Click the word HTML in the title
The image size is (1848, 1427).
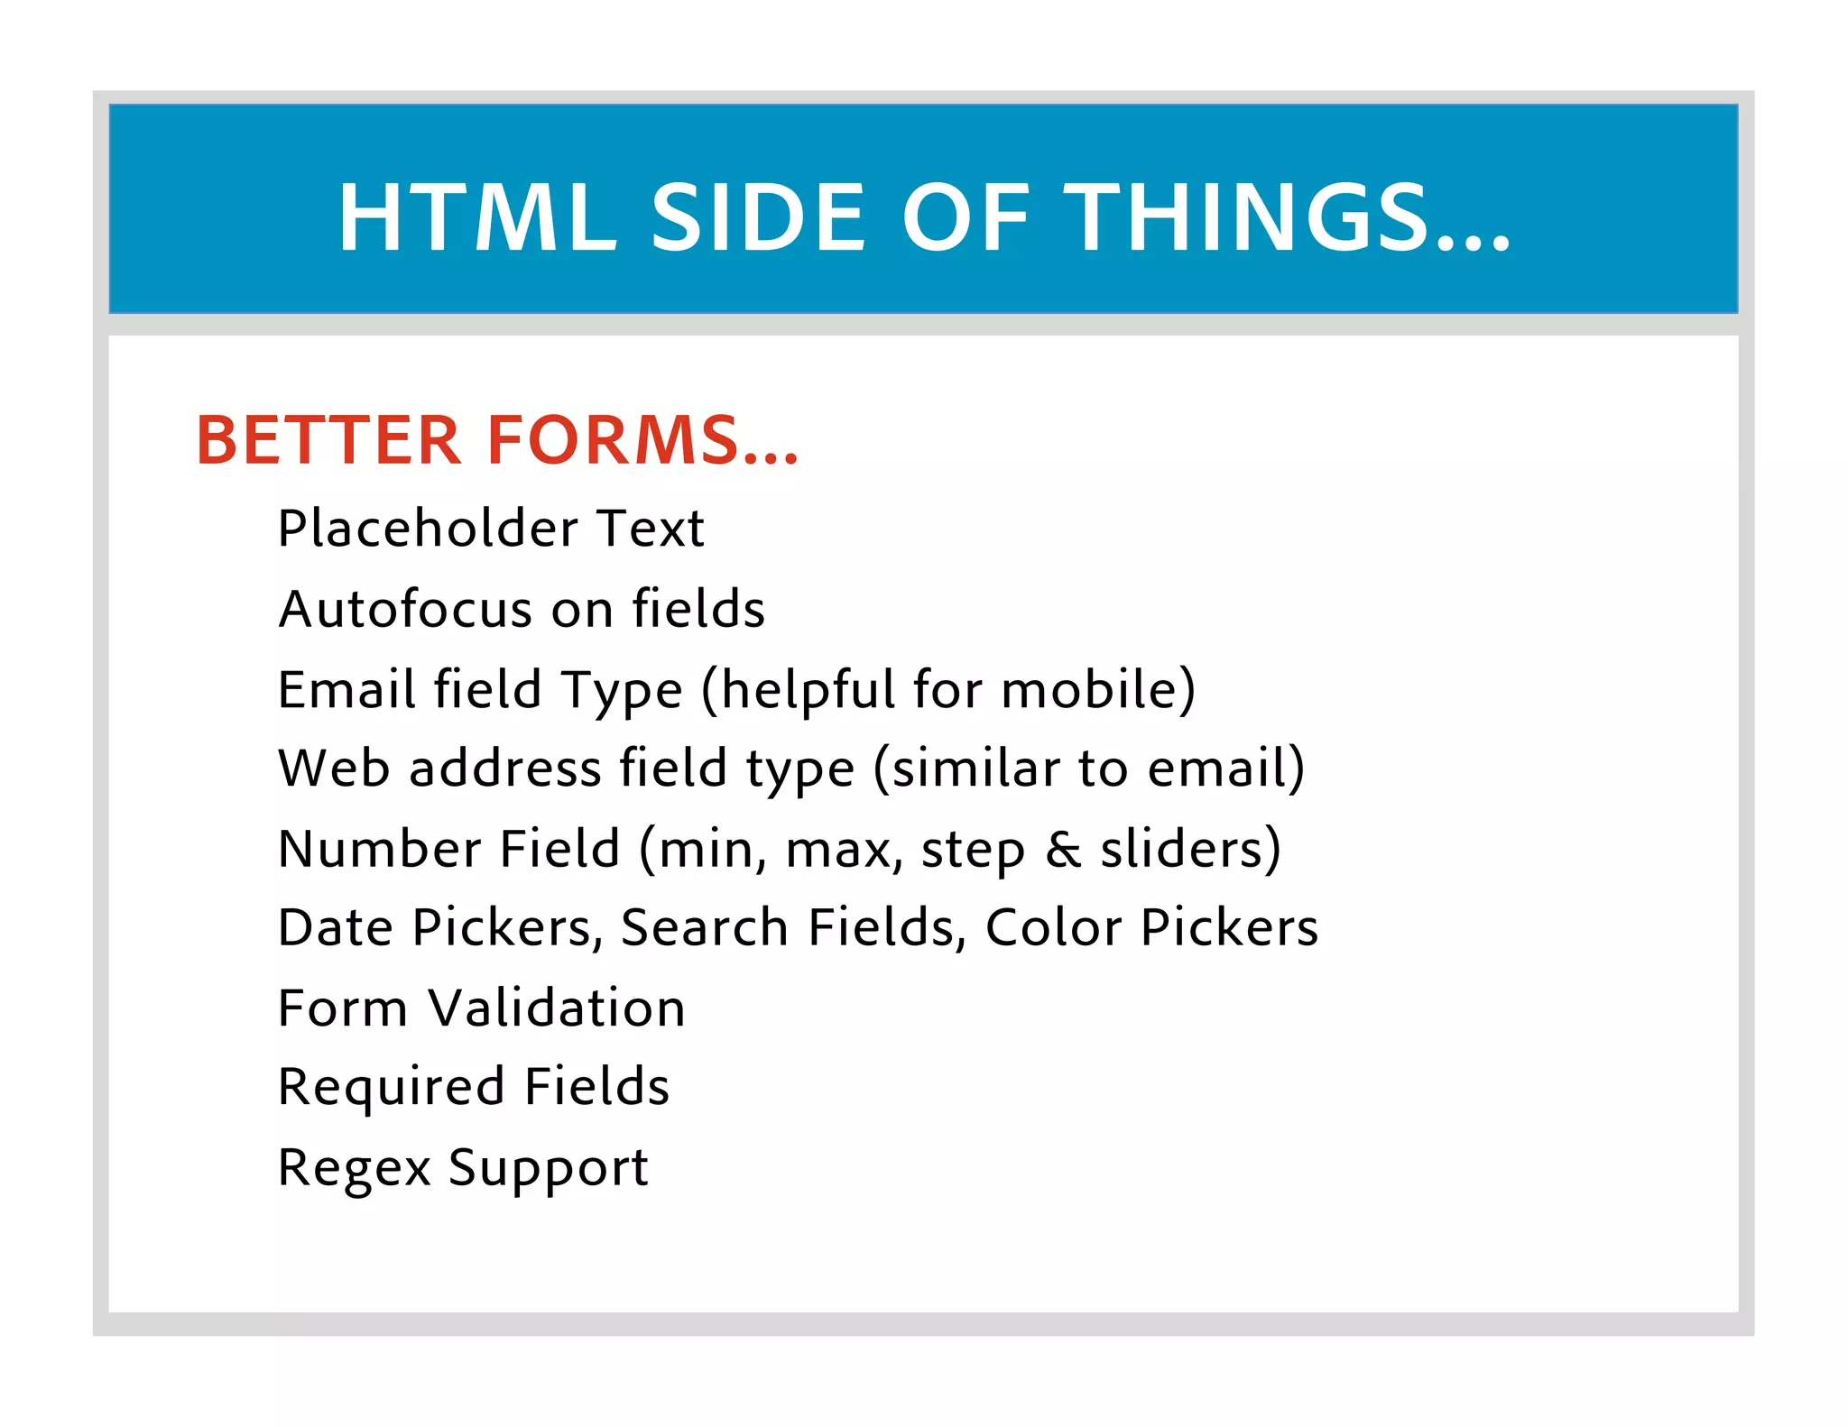pyautogui.click(x=476, y=217)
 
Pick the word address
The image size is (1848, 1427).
pyautogui.click(x=505, y=769)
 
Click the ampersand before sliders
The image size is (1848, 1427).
pyautogui.click(x=1063, y=850)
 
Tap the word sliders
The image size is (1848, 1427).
pyautogui.click(x=1182, y=850)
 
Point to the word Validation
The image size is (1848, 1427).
pyautogui.click(x=557, y=1008)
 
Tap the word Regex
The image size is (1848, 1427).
pyautogui.click(x=355, y=1169)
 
